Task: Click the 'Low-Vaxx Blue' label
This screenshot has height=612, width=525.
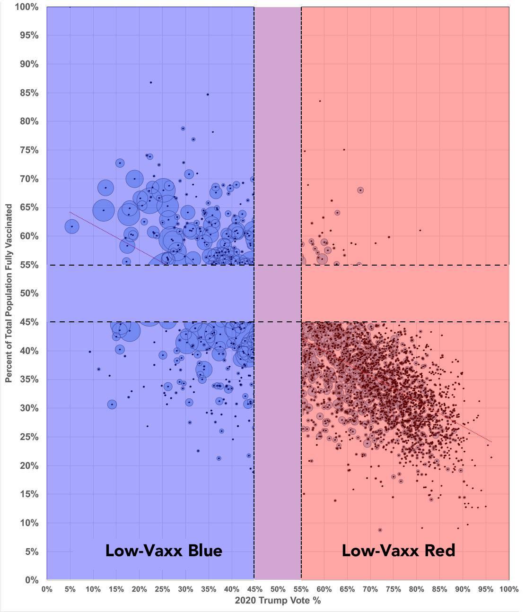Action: (x=164, y=551)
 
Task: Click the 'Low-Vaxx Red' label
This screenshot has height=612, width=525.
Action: (x=398, y=551)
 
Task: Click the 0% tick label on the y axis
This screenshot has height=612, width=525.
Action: (x=32, y=580)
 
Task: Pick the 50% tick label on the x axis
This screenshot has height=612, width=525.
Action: (x=278, y=589)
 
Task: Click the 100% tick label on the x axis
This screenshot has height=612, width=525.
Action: (x=508, y=589)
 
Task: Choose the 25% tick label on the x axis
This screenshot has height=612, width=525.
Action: (x=162, y=589)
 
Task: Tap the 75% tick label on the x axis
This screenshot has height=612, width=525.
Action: (x=393, y=589)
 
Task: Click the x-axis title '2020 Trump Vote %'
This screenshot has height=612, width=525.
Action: (x=278, y=601)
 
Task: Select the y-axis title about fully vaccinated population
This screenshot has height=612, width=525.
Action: (x=9, y=293)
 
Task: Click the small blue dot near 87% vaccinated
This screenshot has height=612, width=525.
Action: (x=151, y=83)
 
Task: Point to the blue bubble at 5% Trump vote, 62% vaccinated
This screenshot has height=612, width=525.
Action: (x=72, y=227)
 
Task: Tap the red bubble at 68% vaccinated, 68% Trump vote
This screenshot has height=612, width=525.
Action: (x=360, y=190)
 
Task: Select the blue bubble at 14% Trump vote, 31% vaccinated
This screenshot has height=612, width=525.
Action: (x=112, y=405)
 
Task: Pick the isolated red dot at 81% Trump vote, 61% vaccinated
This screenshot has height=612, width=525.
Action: (x=420, y=231)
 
